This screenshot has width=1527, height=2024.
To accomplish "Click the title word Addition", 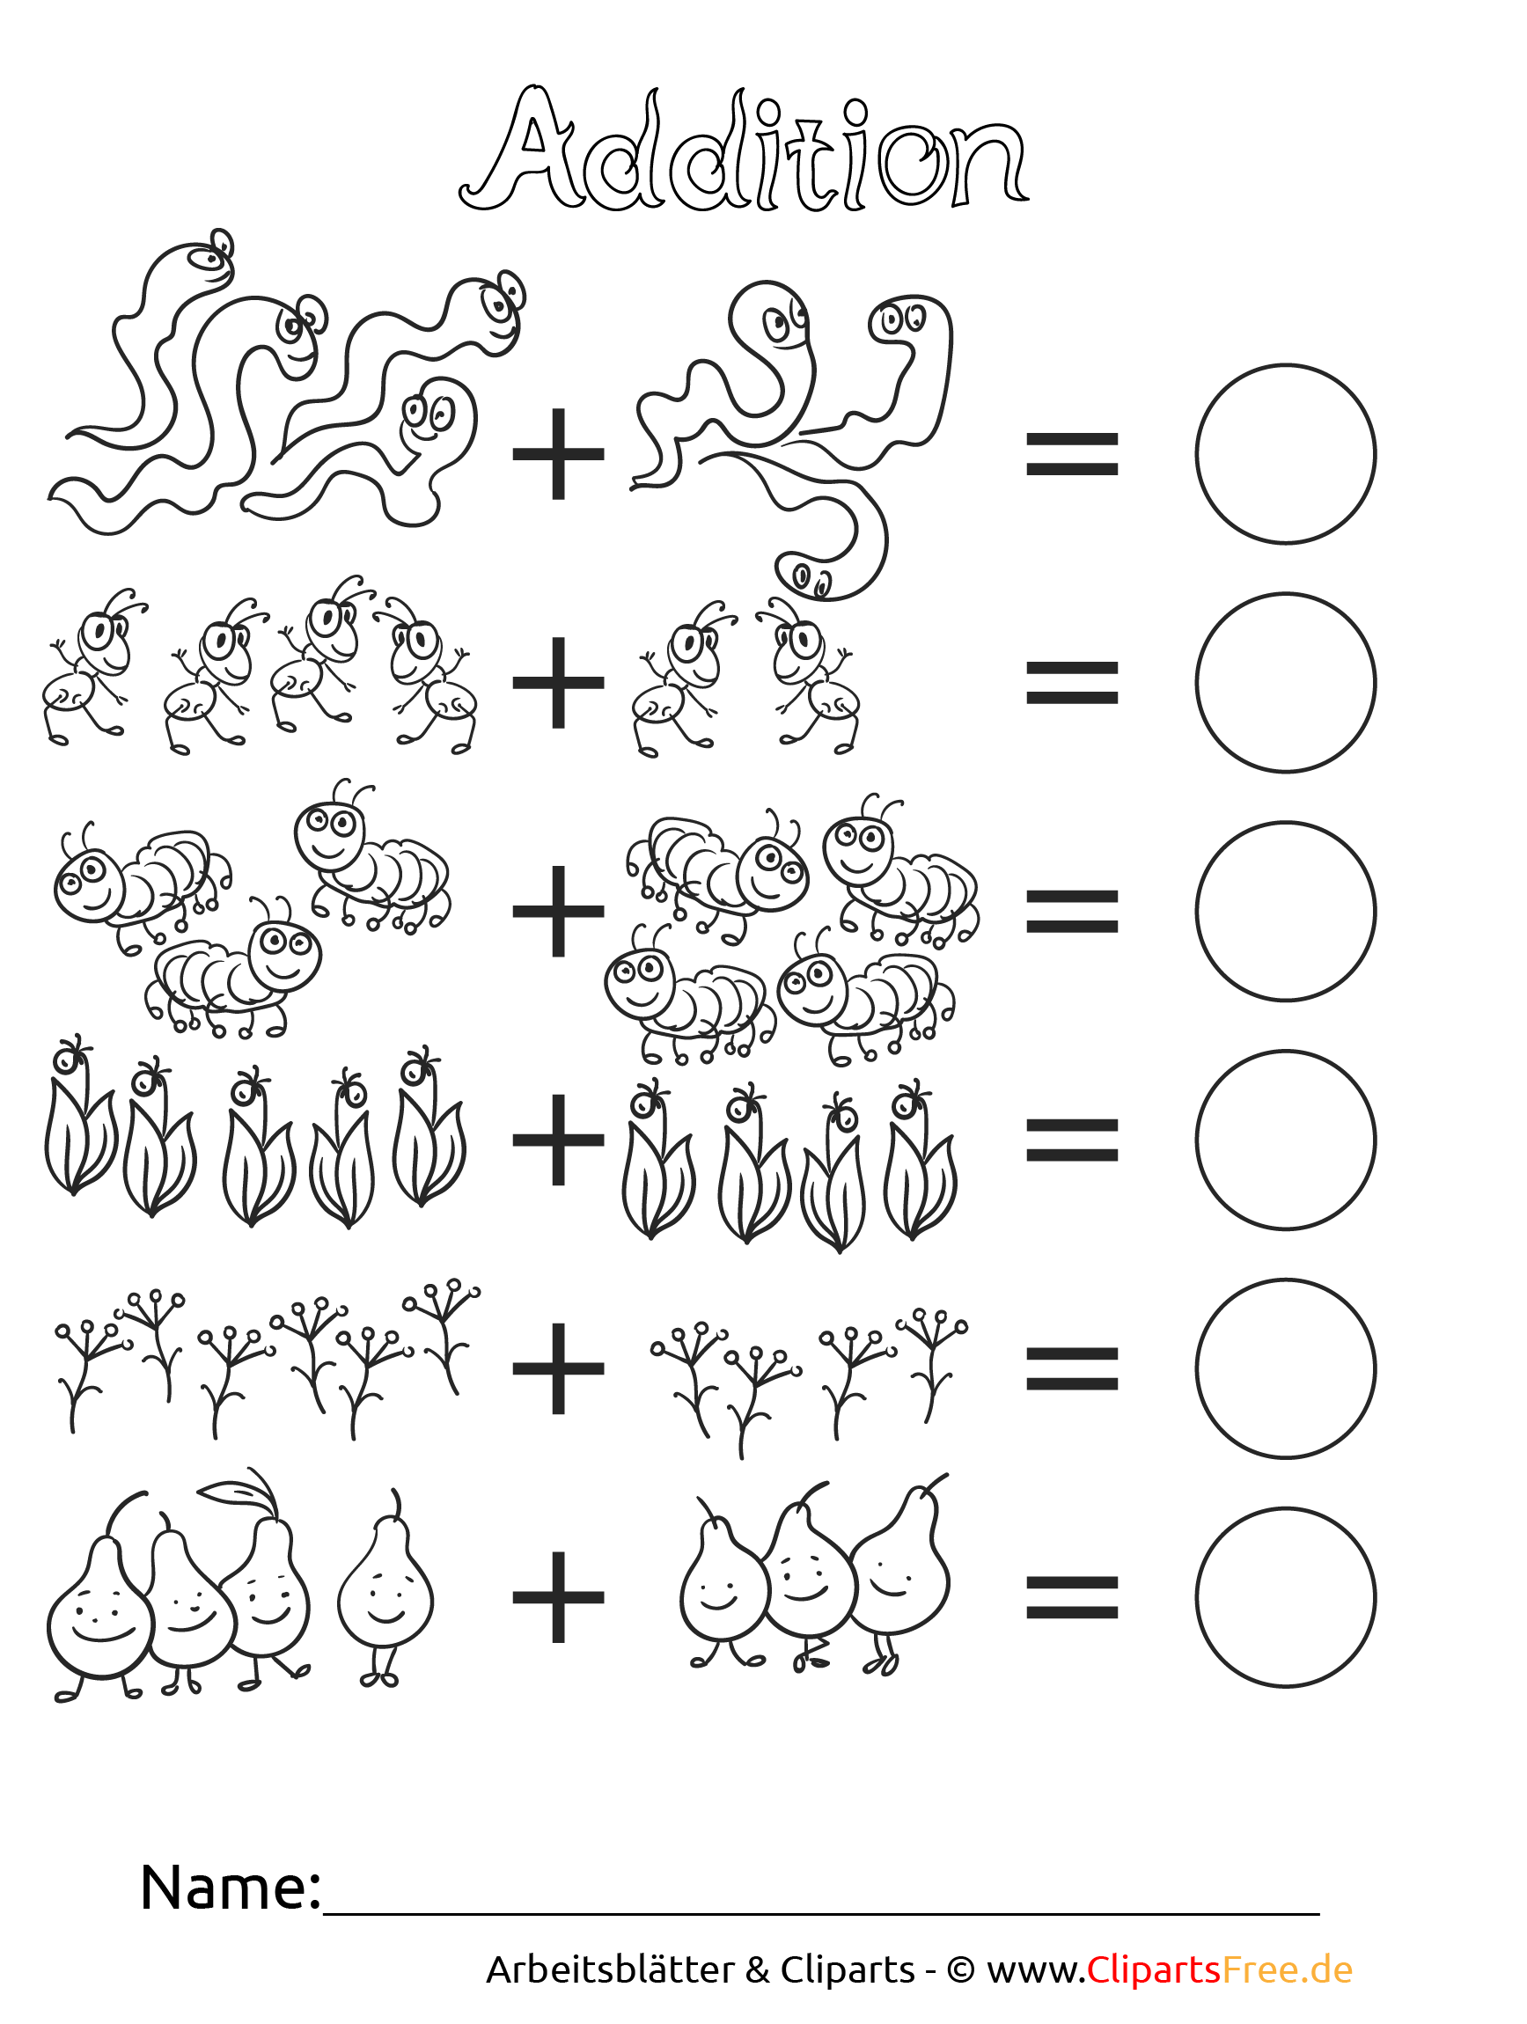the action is click(x=743, y=149).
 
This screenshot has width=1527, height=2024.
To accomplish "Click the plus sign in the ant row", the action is click(x=558, y=683).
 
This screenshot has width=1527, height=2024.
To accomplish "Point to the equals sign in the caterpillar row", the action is click(x=1071, y=912).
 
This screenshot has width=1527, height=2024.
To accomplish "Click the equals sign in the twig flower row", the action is click(x=1071, y=1369).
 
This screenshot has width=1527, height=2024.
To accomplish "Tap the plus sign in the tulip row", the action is click(x=558, y=1140).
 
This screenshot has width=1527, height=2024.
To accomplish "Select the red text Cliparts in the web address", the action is click(x=1154, y=1970).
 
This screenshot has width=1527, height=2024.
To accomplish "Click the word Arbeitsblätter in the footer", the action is click(x=610, y=1970).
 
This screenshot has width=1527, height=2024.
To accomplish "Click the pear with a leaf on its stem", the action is click(x=261, y=1583).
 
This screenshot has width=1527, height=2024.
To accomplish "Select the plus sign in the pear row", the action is click(x=558, y=1597).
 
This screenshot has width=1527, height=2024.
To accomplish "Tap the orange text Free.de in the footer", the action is click(x=1288, y=1970).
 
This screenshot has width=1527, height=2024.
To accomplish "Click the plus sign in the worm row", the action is click(x=558, y=454).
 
